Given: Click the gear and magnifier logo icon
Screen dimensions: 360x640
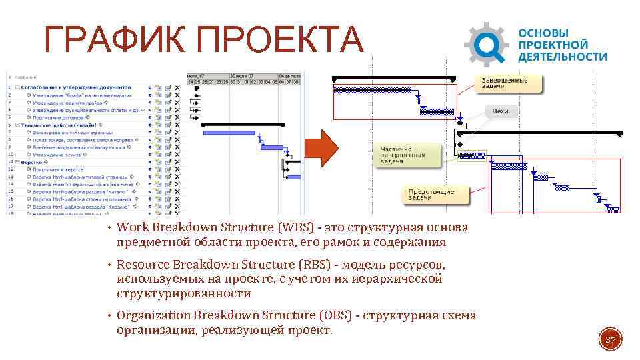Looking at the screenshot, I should click(486, 45).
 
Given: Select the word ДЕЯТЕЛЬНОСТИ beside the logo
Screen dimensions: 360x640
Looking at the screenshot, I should click(563, 57).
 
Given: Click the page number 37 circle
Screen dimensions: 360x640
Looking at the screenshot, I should click(611, 341).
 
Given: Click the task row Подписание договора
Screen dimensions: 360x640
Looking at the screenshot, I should click(57, 117).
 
